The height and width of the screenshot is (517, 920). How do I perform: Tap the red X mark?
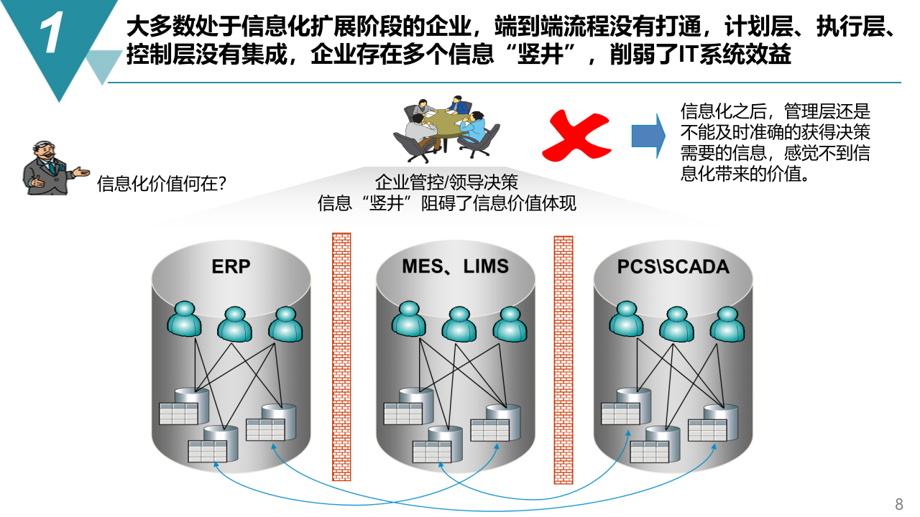pyautogui.click(x=576, y=135)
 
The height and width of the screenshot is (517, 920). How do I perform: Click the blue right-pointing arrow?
pyautogui.click(x=648, y=136)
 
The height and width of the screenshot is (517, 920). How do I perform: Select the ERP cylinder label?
pyautogui.click(x=231, y=266)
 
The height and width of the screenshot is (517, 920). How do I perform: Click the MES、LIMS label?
pyautogui.click(x=455, y=266)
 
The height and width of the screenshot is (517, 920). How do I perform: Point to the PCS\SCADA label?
pyautogui.click(x=673, y=267)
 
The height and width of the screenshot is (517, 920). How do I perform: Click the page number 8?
pyautogui.click(x=898, y=503)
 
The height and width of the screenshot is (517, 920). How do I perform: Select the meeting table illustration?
pyautogui.click(x=446, y=128)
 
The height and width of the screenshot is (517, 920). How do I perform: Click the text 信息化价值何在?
pyautogui.click(x=162, y=184)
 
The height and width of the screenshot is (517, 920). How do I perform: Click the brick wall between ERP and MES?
pyautogui.click(x=341, y=356)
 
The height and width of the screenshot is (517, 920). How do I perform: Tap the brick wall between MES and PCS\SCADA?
pyautogui.click(x=563, y=360)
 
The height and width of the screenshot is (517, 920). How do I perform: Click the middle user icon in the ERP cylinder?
pyautogui.click(x=235, y=324)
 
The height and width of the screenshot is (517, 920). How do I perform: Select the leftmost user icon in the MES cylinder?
pyautogui.click(x=409, y=319)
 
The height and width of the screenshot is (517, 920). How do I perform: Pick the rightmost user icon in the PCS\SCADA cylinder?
pyautogui.click(x=727, y=323)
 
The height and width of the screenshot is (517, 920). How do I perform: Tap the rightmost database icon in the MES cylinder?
pyautogui.click(x=492, y=423)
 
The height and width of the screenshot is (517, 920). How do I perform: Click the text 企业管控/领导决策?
pyautogui.click(x=446, y=182)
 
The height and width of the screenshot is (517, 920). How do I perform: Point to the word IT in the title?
pyautogui.click(x=689, y=55)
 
